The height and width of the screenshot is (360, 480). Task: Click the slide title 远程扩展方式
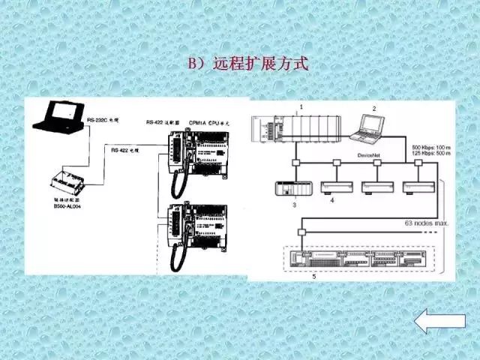tap(247, 64)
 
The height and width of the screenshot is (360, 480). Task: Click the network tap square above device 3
tap(297, 163)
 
